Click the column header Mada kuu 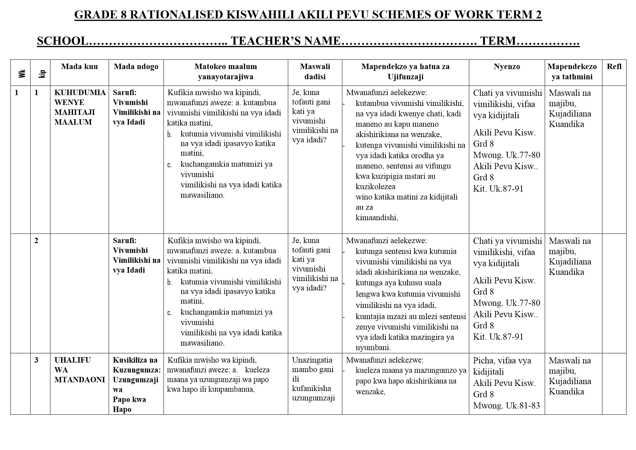(79, 66)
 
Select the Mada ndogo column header (136, 66)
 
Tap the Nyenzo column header (507, 66)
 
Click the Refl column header (614, 66)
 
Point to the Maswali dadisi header (315, 71)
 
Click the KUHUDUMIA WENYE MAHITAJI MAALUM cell (80, 107)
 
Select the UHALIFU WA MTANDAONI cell (79, 370)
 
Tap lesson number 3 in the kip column (36, 360)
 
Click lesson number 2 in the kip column (36, 240)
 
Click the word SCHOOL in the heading (62, 41)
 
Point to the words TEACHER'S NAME (286, 41)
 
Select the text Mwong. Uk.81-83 (506, 405)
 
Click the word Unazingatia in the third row (312, 360)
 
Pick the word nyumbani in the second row (373, 347)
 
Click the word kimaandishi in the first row (376, 218)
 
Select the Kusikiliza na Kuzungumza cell (136, 365)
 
